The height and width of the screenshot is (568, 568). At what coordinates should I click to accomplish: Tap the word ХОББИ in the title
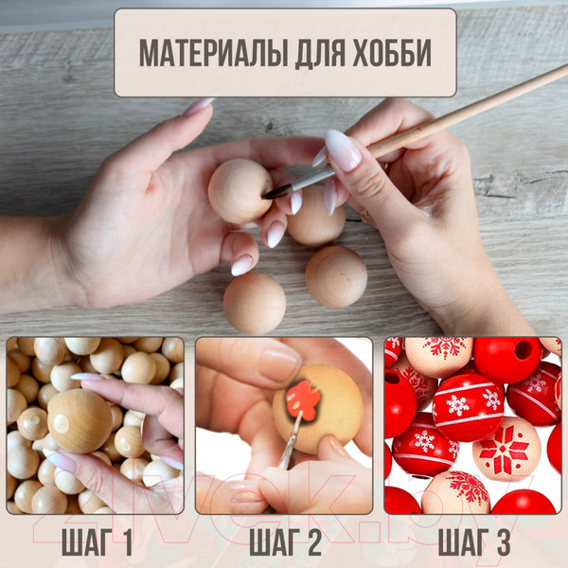tap(392, 53)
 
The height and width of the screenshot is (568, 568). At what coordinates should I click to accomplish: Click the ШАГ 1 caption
tap(97, 541)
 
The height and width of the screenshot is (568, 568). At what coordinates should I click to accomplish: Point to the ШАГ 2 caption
tap(286, 541)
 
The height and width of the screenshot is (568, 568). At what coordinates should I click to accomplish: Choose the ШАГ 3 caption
tap(474, 541)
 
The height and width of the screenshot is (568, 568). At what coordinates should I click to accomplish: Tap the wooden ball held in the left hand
tap(240, 191)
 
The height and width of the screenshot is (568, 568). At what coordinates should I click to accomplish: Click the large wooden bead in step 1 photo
tap(80, 421)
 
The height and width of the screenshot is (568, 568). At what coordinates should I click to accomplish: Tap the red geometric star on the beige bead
tap(505, 450)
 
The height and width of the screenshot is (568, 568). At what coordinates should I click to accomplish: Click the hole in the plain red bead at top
tap(523, 349)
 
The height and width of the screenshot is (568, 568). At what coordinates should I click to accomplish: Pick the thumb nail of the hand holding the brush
tap(343, 151)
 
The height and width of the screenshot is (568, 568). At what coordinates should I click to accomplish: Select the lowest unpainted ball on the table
tap(255, 304)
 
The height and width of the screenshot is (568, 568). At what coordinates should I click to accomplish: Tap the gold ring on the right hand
tap(365, 215)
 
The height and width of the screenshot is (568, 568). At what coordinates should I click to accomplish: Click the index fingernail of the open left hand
tap(198, 107)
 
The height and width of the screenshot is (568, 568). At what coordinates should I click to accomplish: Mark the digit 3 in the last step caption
tap(503, 541)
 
